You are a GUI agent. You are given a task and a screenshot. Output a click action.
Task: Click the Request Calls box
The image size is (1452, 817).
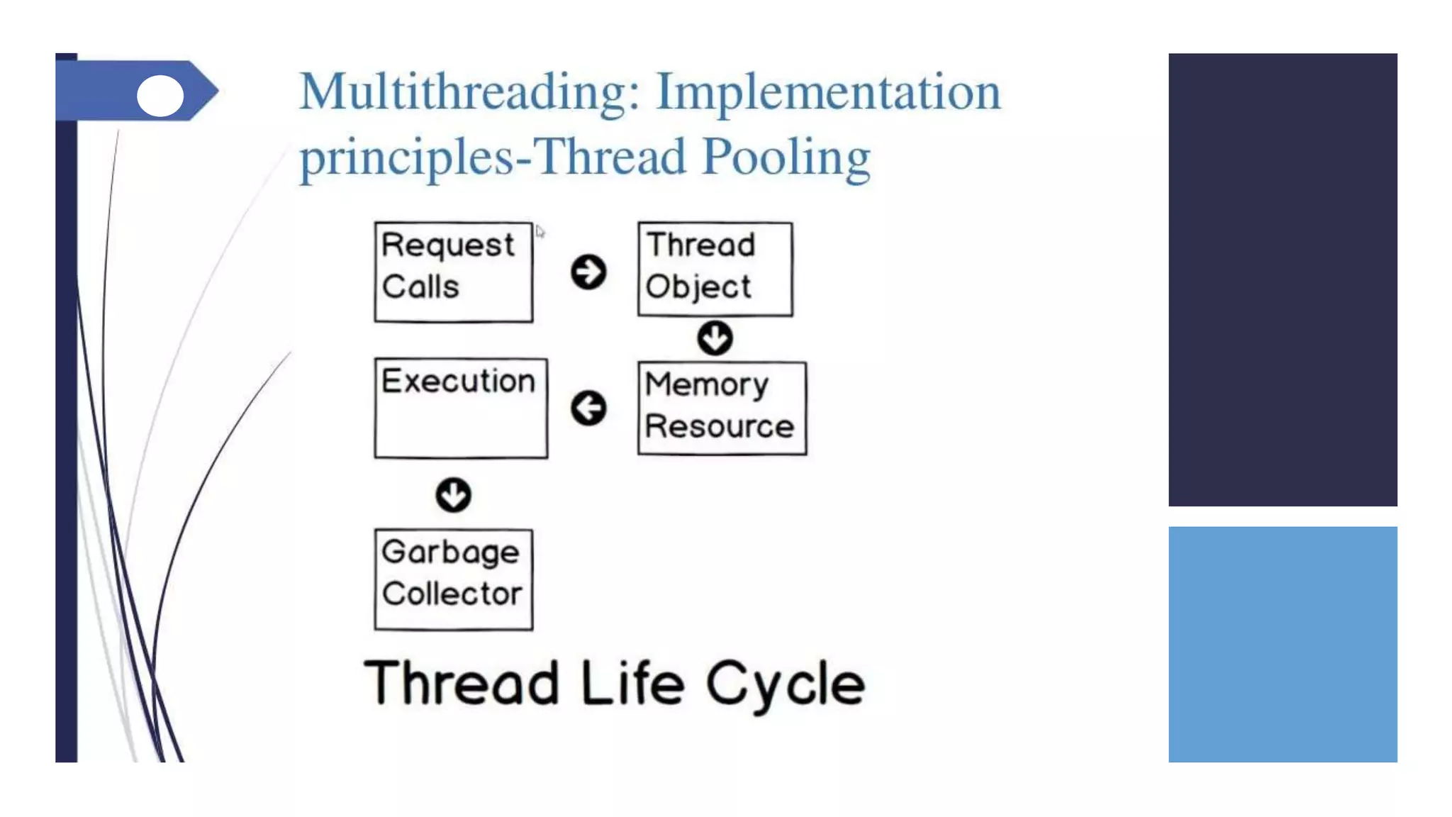[x=453, y=272]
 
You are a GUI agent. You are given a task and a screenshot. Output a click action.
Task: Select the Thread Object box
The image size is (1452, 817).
[x=715, y=269]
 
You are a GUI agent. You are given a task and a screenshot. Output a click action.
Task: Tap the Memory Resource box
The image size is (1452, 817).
[x=721, y=408]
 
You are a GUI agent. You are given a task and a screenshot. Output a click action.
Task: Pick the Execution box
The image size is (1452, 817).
[x=460, y=408]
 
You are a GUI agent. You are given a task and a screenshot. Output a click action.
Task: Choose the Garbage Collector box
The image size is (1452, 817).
[x=453, y=579]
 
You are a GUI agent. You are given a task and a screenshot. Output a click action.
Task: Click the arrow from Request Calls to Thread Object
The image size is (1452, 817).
[x=588, y=272]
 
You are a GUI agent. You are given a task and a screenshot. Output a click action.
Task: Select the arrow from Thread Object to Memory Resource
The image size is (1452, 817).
[x=715, y=338]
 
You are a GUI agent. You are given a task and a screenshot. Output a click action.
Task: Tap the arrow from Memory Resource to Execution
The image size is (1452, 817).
[x=588, y=408]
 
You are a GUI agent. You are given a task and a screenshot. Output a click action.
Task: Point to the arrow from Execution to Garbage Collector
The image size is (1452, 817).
[x=453, y=494]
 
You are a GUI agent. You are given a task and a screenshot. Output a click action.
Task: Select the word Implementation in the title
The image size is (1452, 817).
[x=827, y=92]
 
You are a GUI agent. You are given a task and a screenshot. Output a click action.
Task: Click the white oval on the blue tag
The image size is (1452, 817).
[x=160, y=96]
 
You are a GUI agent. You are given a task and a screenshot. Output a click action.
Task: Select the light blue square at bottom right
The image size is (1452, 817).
[x=1282, y=644]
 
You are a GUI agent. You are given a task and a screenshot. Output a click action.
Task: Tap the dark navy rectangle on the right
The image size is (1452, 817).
[x=1282, y=279]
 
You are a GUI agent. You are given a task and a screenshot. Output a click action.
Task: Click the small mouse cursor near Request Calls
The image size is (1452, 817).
[x=540, y=232]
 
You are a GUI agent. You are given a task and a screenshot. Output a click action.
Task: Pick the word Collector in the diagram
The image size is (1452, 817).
[x=452, y=594]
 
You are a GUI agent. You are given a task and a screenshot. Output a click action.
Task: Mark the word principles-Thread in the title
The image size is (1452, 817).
[x=493, y=157]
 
